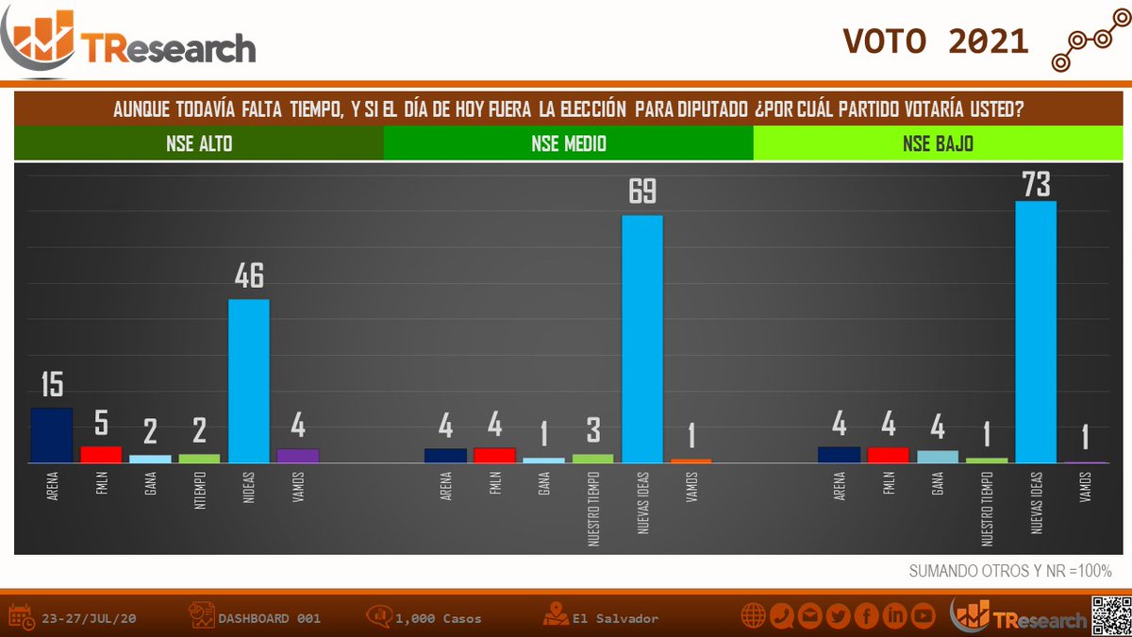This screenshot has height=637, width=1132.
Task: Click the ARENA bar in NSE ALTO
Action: coord(52,435)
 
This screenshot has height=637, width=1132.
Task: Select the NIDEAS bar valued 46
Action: coord(249,381)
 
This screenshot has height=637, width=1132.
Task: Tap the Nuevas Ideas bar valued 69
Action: coord(642,340)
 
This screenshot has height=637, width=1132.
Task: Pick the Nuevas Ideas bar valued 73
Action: coord(1035,332)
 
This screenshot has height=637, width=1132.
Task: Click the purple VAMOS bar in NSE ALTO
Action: coord(298,456)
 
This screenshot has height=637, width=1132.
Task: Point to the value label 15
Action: coord(52,385)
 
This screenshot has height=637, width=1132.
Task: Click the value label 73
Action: coord(1036,184)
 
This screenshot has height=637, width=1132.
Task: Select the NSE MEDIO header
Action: coord(568,144)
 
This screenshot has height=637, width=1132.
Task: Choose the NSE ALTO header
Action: coord(198,144)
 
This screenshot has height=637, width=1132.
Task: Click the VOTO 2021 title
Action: coord(935,41)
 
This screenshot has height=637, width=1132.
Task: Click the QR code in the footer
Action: coord(1110,616)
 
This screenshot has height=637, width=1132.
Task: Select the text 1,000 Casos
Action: coord(438,619)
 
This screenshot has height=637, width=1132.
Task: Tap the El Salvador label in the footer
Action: coord(615,619)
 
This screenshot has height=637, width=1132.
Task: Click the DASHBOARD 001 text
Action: coord(269,619)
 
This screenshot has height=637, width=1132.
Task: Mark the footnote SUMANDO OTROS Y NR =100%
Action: coord(1010,571)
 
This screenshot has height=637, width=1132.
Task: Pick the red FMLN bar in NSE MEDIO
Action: coord(494,455)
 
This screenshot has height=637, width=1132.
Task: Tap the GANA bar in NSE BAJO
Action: coord(937,457)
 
